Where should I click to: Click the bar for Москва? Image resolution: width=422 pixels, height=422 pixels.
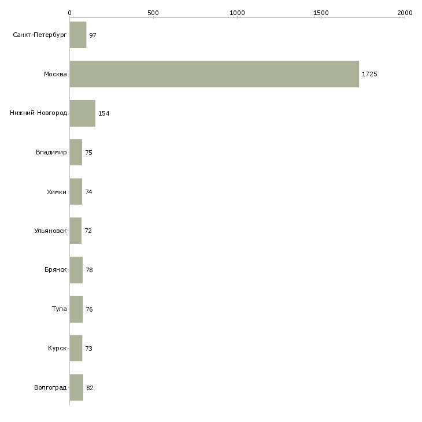[x=214, y=74]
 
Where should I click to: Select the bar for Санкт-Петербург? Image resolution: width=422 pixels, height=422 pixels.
[x=78, y=35]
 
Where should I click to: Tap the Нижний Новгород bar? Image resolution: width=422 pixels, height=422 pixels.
[x=83, y=113]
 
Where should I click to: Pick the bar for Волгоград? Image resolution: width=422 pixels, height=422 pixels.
[x=76, y=387]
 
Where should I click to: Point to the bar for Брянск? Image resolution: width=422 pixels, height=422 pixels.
[x=76, y=270]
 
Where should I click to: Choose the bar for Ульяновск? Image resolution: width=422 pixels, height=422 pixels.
[x=76, y=231]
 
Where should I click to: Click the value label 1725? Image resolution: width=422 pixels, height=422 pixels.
[x=369, y=74]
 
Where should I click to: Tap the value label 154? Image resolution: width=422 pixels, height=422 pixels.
[x=104, y=113]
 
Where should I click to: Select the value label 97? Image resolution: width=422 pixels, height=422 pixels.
[x=93, y=35]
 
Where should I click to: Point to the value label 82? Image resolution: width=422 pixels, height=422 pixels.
[x=90, y=388]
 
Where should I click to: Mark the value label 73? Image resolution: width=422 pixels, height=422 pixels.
[x=89, y=349]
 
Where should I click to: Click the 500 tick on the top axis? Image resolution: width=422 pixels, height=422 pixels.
[x=153, y=13]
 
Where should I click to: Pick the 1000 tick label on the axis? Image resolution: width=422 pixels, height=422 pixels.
[x=237, y=13]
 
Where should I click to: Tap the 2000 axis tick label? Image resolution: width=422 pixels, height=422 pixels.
[x=405, y=13]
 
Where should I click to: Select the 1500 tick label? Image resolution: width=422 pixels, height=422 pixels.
[x=321, y=13]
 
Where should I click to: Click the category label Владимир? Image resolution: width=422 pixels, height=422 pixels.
[x=51, y=153]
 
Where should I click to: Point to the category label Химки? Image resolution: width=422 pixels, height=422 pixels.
[x=57, y=192]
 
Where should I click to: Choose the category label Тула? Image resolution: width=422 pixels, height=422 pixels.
[x=59, y=309]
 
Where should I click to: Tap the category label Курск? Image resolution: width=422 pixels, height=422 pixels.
[x=57, y=348]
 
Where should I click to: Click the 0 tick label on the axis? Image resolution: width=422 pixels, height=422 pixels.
[x=70, y=13]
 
